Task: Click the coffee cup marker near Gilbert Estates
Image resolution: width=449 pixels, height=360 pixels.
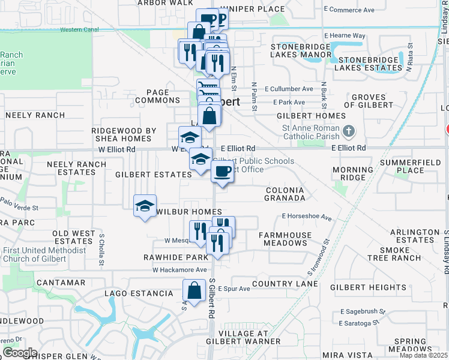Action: click(x=222, y=172)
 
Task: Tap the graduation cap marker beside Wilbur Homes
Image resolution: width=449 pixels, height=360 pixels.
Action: click(x=144, y=206)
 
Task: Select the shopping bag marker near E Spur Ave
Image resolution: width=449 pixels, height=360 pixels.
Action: click(x=194, y=292)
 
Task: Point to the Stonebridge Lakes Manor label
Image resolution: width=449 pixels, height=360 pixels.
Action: click(x=301, y=50)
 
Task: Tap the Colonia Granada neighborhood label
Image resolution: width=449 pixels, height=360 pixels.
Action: click(x=285, y=193)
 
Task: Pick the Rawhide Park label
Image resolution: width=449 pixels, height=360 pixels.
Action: click(x=176, y=257)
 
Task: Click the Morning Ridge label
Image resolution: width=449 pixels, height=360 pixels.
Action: click(x=352, y=173)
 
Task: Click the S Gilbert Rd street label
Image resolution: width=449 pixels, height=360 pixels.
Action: click(x=212, y=298)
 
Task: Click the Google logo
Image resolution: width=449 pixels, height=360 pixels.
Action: click(x=19, y=353)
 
